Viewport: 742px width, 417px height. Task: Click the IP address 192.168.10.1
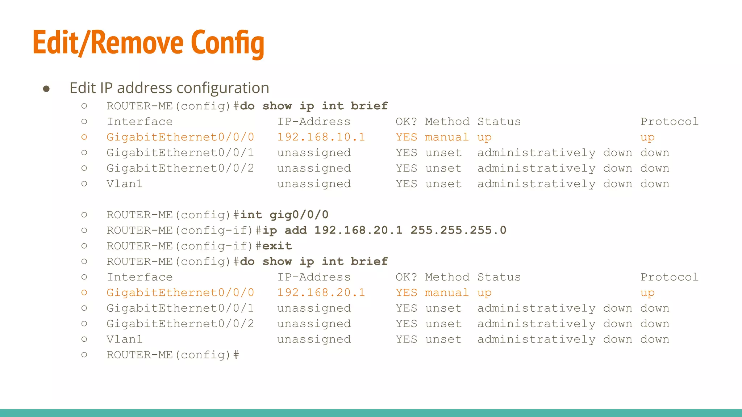click(x=321, y=137)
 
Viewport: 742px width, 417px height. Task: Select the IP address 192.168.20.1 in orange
click(x=321, y=292)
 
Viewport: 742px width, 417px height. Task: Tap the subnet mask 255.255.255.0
click(x=458, y=230)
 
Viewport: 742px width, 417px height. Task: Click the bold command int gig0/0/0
click(x=284, y=215)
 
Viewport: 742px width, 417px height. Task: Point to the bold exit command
click(x=277, y=246)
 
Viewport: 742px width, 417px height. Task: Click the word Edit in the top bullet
click(x=83, y=88)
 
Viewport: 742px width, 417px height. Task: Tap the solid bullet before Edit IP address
click(x=46, y=89)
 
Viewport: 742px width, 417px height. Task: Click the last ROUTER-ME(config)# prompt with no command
click(x=172, y=355)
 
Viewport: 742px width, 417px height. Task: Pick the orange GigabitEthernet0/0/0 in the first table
click(x=180, y=137)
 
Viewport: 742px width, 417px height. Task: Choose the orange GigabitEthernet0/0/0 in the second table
click(x=180, y=292)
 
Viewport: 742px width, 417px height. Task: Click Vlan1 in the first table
click(x=124, y=184)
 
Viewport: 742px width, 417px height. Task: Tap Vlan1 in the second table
click(x=124, y=340)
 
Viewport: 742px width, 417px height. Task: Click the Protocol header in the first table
click(x=669, y=122)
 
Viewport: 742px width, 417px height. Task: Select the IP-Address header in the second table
click(x=314, y=277)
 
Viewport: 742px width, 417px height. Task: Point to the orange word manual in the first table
click(x=447, y=137)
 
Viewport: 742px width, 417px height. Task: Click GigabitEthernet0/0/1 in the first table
click(x=180, y=153)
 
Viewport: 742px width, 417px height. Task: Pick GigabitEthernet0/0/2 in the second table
click(x=180, y=324)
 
